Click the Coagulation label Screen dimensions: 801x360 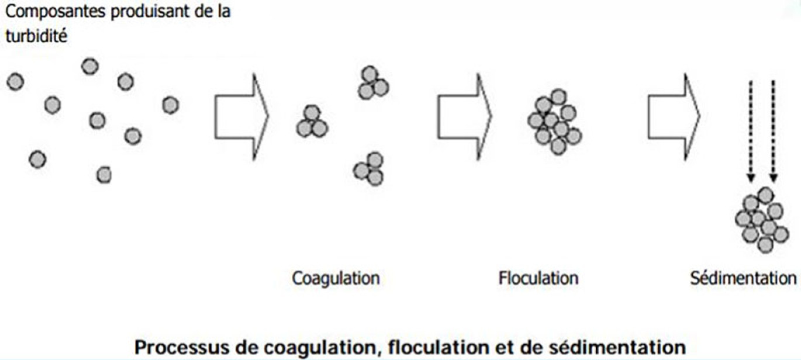pos(336,279)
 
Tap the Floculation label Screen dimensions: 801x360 pos(538,278)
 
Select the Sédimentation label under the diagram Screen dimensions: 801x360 pos(743,278)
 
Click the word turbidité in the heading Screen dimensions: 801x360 pos(36,36)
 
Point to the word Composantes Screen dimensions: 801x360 pos(56,12)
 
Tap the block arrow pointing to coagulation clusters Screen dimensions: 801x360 pos(241,116)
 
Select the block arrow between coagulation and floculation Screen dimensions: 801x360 pos(465,116)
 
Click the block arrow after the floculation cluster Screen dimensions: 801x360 pos(674,116)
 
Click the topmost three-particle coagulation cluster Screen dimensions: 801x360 pos(374,82)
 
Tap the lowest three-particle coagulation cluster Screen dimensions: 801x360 pos(369,169)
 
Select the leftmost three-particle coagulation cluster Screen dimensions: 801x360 pos(312,122)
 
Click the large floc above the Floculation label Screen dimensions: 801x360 pos(555,122)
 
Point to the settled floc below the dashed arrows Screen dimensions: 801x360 pos(762,220)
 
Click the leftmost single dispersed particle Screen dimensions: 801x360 pos(15,82)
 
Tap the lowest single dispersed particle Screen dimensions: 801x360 pos(104,175)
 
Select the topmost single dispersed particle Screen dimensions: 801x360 pos(90,67)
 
